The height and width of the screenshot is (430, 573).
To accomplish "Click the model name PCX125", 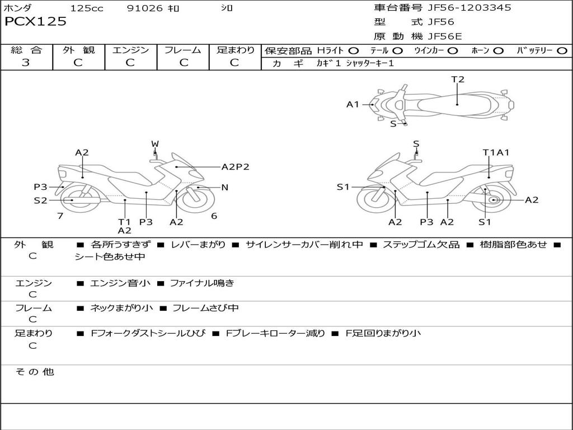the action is pyautogui.click(x=35, y=22).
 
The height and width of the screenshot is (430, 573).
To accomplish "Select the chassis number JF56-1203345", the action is pyautogui.click(x=469, y=8).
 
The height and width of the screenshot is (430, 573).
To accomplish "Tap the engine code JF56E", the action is pyautogui.click(x=445, y=36).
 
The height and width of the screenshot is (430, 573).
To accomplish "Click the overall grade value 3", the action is pyautogui.click(x=26, y=63).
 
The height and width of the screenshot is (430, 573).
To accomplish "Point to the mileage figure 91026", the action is pyautogui.click(x=145, y=8).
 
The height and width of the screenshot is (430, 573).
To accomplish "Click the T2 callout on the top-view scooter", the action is pyautogui.click(x=458, y=80).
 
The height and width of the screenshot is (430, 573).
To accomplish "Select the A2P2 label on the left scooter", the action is pyautogui.click(x=236, y=167).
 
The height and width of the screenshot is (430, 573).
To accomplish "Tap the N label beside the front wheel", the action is pyautogui.click(x=225, y=188).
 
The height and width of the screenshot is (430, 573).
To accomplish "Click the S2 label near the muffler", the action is pyautogui.click(x=40, y=200).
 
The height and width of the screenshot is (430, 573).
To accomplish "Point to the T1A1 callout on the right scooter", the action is pyautogui.click(x=496, y=152).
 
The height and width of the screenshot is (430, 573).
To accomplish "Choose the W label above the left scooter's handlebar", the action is pyautogui.click(x=155, y=144).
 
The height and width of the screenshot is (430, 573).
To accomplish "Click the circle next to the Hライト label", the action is pyautogui.click(x=354, y=51).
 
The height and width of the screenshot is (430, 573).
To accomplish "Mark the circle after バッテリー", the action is pyautogui.click(x=562, y=51).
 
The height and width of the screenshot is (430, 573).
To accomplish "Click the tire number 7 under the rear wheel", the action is pyautogui.click(x=60, y=216).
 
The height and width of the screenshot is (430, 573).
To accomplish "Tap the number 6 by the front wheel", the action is pyautogui.click(x=214, y=216).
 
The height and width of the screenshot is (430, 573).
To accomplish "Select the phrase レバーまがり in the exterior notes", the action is pyautogui.click(x=198, y=245).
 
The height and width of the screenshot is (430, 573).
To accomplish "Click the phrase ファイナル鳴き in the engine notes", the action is pyautogui.click(x=201, y=283).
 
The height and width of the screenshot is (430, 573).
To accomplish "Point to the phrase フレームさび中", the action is pyautogui.click(x=205, y=309).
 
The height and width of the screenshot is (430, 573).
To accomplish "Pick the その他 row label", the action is pyautogui.click(x=35, y=372).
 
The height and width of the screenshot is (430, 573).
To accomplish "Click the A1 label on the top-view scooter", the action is pyautogui.click(x=353, y=105).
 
